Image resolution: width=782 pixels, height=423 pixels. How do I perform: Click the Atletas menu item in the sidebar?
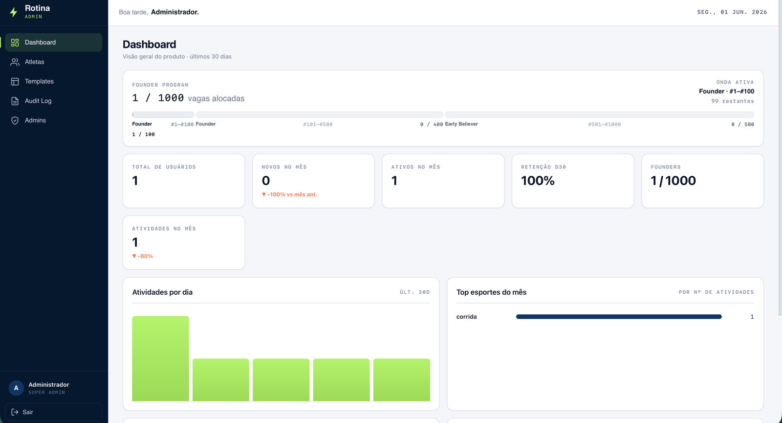34,62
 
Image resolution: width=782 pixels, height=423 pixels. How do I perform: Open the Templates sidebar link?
39,81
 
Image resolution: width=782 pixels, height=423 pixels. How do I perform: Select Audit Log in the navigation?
38,101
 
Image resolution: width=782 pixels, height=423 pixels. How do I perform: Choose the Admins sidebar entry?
35,120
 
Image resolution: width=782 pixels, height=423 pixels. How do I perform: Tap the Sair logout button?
53,412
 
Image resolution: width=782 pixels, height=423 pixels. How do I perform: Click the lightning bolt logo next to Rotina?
14,12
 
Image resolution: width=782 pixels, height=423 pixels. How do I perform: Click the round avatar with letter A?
16,388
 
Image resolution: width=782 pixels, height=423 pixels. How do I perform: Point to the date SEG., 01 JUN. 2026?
732,12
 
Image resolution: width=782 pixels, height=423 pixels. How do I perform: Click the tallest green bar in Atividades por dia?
161,359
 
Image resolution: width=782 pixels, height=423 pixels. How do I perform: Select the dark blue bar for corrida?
619,317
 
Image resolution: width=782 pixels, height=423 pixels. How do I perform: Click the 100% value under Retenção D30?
538,181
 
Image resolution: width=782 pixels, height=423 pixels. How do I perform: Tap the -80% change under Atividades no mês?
142,256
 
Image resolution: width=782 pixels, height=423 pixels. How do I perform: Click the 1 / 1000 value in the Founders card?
673,181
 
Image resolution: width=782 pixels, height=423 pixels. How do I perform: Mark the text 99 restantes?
733,101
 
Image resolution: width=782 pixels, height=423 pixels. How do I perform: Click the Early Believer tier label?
461,124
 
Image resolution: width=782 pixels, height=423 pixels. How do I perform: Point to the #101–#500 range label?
318,124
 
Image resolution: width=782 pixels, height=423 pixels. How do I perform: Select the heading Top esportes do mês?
491,292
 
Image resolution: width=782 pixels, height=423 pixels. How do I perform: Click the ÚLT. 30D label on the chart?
415,292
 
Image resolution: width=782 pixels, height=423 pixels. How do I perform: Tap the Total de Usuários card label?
164,167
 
